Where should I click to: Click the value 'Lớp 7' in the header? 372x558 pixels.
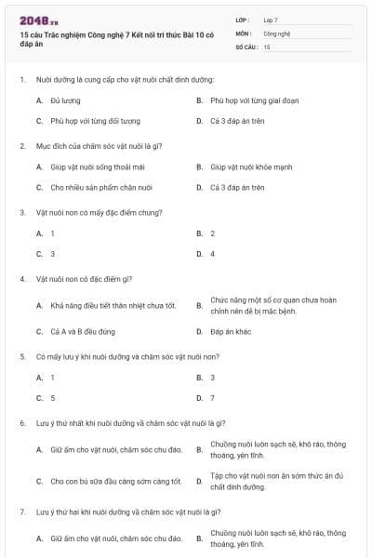[271, 20]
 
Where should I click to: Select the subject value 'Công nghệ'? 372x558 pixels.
[277, 33]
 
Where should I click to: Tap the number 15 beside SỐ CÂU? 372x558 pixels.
[267, 46]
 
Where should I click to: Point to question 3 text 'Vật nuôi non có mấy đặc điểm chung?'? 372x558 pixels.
[100, 212]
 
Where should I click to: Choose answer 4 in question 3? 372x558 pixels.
[212, 254]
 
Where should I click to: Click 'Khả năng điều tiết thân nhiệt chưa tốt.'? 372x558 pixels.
[113, 305]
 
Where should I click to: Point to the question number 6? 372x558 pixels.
[22, 423]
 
